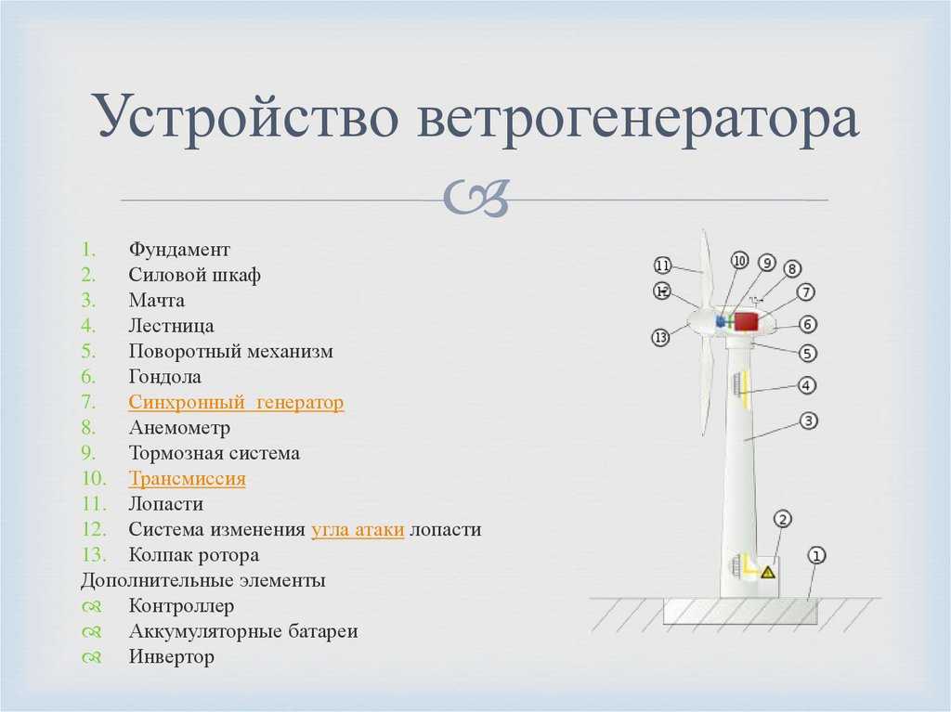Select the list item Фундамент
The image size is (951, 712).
coord(179,250)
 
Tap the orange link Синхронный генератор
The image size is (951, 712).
coord(236,402)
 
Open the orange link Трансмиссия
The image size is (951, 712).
coord(187,478)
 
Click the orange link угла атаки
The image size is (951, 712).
coord(358,529)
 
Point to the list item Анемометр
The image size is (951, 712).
coord(179,428)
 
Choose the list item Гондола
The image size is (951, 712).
coord(164,377)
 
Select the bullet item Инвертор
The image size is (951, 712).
coord(171,657)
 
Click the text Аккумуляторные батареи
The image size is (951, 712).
coord(242,631)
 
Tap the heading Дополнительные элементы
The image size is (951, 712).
coord(203,580)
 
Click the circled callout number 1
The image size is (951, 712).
coord(816,555)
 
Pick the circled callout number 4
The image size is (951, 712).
coord(807,385)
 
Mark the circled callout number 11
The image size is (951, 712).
coord(663,265)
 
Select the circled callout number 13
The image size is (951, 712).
coord(660,337)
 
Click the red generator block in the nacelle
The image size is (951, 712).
coord(746,321)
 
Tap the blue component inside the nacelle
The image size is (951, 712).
coord(721,321)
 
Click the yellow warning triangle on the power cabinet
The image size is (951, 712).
coord(768,572)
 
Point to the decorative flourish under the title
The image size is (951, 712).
coord(475,198)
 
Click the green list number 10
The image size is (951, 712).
coord(94,478)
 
